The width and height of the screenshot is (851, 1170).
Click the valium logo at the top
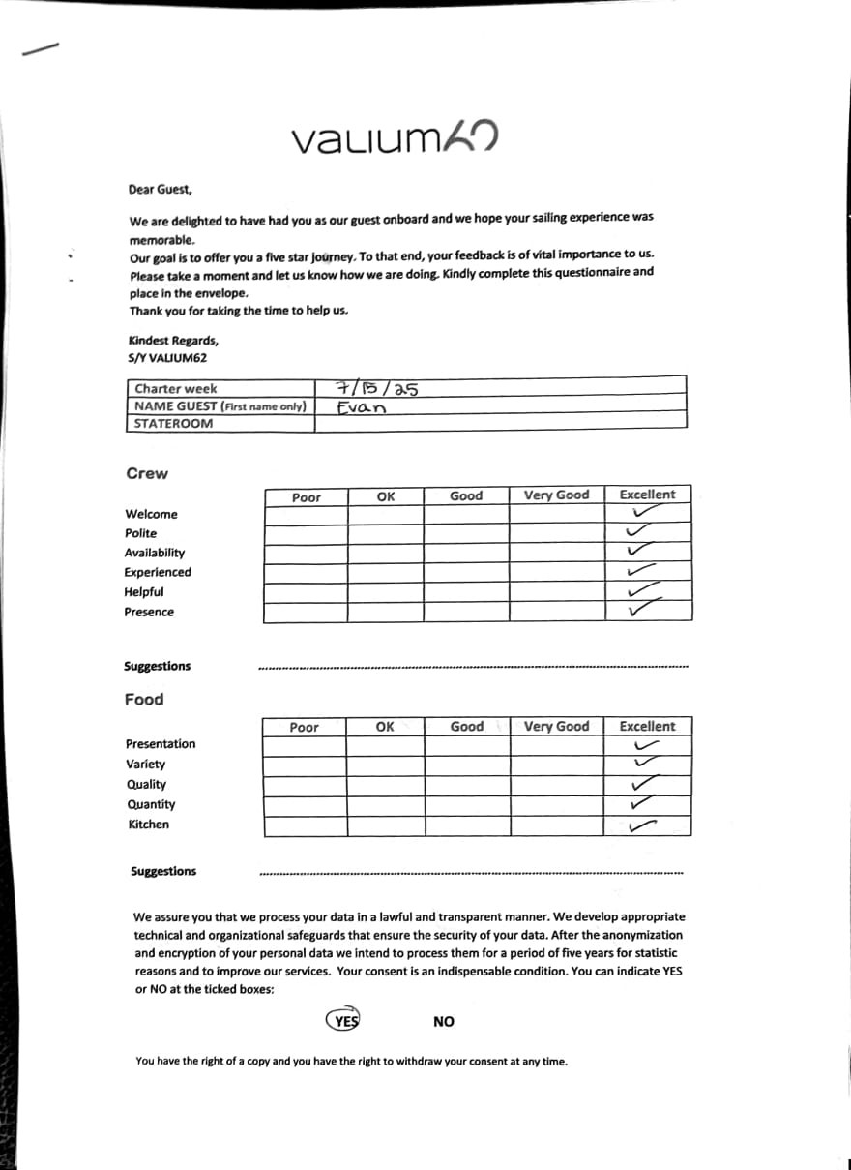click(394, 141)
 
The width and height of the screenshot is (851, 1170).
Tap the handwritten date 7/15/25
click(376, 389)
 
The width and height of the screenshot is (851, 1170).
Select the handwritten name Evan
click(362, 407)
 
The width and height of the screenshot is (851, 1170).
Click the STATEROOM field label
click(174, 423)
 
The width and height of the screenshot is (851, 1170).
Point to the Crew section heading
click(147, 473)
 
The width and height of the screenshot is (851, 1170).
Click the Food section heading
click(144, 699)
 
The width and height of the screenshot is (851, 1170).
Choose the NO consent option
click(444, 1021)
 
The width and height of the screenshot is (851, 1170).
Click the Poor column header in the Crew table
click(306, 497)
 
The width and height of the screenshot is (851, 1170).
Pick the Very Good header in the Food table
click(556, 726)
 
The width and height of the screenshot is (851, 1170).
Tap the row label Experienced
click(158, 572)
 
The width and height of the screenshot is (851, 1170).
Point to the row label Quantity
click(151, 804)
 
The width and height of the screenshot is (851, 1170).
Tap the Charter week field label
click(176, 388)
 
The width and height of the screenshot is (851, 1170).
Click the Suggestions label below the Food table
click(163, 871)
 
